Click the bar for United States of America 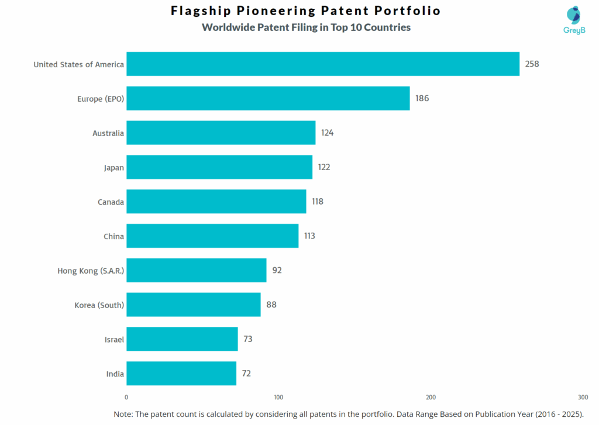tap(323, 64)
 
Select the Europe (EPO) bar tap(268, 98)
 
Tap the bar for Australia tap(221, 133)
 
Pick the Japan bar tap(219, 167)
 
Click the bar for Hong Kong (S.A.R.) tap(197, 270)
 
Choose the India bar tap(181, 373)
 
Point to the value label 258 tap(532, 64)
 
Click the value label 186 tap(422, 98)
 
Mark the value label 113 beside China tap(309, 236)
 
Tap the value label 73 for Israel tap(248, 339)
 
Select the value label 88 tap(271, 305)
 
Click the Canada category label tap(111, 202)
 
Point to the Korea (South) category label tap(99, 305)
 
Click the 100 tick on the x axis tap(278, 397)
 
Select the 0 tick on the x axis tap(126, 397)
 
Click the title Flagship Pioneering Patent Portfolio tap(306, 11)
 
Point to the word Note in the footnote tap(123, 413)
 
